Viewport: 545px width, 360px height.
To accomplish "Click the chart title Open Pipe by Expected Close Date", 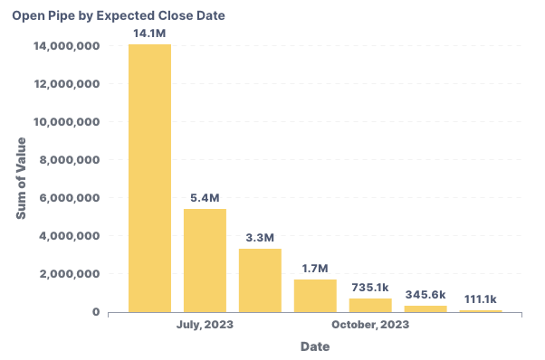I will pos(119,16).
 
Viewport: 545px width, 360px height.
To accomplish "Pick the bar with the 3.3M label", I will pos(260,280).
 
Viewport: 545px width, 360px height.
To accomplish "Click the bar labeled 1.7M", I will pos(315,296).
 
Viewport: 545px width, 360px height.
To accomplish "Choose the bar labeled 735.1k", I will pos(370,305).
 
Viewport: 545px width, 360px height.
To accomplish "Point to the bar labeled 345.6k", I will pos(425,308).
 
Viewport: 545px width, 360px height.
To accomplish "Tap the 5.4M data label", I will pos(205,197).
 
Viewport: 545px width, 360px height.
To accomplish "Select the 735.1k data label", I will pos(370,286).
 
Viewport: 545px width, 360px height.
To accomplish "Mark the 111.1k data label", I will pos(481,298).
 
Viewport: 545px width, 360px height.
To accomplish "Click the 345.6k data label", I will pos(425,294).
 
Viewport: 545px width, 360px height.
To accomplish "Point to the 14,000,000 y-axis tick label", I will pos(65,46).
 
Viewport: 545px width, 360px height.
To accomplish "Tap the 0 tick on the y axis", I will pos(95,312).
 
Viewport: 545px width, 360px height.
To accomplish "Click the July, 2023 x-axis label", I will pos(205,325).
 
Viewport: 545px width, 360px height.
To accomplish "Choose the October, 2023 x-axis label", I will pos(369,325).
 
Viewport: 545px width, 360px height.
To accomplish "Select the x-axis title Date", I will pos(315,346).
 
